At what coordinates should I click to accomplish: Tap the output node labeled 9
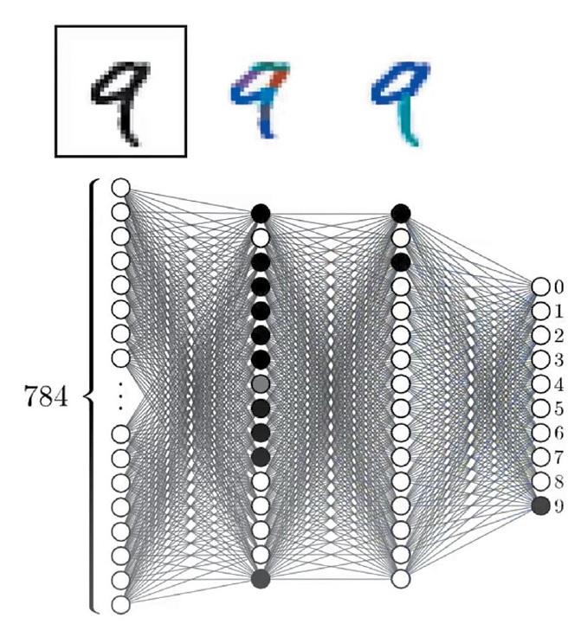click(541, 506)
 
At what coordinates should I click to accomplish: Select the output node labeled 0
click(541, 286)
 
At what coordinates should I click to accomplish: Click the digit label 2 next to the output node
click(558, 336)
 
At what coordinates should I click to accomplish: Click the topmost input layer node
click(120, 187)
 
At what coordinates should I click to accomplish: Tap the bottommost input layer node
click(120, 604)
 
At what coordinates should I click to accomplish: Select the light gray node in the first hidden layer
click(261, 383)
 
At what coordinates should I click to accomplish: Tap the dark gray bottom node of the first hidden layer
click(261, 578)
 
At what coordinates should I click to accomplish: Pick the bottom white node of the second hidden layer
click(400, 578)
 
